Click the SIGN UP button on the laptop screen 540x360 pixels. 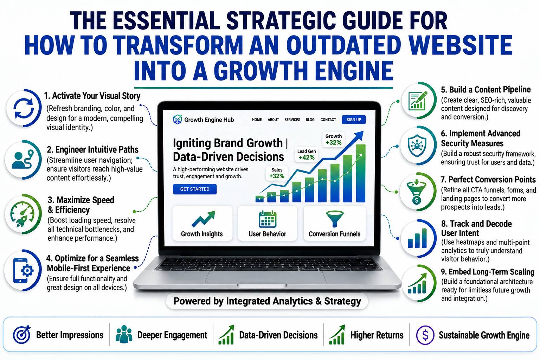[354, 120]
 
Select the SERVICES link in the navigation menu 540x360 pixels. [292, 120]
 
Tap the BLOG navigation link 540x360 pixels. [310, 120]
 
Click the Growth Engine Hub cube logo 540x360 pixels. [178, 120]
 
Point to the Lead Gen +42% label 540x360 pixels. [307, 155]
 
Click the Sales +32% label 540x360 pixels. [277, 173]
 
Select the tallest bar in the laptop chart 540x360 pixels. [361, 173]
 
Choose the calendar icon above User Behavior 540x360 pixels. [267, 219]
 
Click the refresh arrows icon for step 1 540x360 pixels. [24, 108]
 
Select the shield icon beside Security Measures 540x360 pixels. [417, 145]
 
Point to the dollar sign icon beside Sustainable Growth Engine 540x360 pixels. [425, 335]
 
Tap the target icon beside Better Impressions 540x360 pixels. [22, 334]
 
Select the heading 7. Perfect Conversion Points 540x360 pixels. [488, 180]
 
